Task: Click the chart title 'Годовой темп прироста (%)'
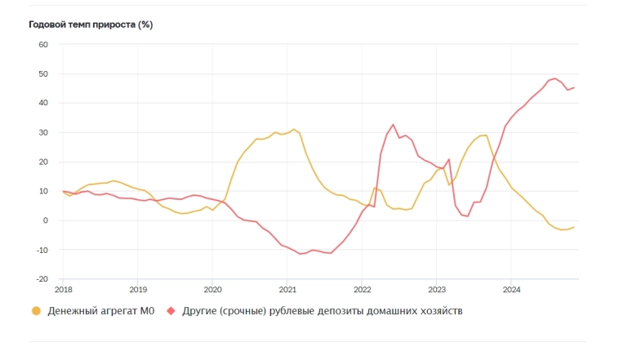point(91,24)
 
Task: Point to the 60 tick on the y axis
point(44,44)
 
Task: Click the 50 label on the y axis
point(44,73)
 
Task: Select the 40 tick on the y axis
point(44,103)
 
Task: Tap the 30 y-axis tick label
point(44,132)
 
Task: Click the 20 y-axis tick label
point(44,162)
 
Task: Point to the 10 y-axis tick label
point(44,191)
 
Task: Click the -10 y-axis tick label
point(42,250)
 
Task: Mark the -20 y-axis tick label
point(42,278)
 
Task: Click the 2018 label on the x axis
point(63,289)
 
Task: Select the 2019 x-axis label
point(138,289)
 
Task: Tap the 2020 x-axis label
point(212,289)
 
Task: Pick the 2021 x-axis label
point(287,289)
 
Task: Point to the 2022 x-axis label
point(363,289)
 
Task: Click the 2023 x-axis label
point(437,289)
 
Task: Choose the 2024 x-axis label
point(512,289)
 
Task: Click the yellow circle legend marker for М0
point(35,311)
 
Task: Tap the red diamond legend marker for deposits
point(171,311)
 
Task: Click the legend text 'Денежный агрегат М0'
point(100,311)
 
